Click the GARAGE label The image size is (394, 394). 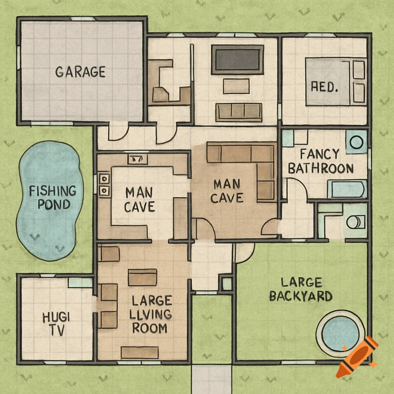(80, 72)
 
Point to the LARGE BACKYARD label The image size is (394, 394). (301, 289)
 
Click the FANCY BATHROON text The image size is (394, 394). (321, 161)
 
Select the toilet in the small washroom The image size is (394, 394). (355, 222)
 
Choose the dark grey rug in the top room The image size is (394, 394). (237, 60)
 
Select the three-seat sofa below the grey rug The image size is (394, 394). (239, 112)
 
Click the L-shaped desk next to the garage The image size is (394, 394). (167, 83)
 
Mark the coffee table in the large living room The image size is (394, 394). (142, 277)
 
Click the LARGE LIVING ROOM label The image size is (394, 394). (150, 314)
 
